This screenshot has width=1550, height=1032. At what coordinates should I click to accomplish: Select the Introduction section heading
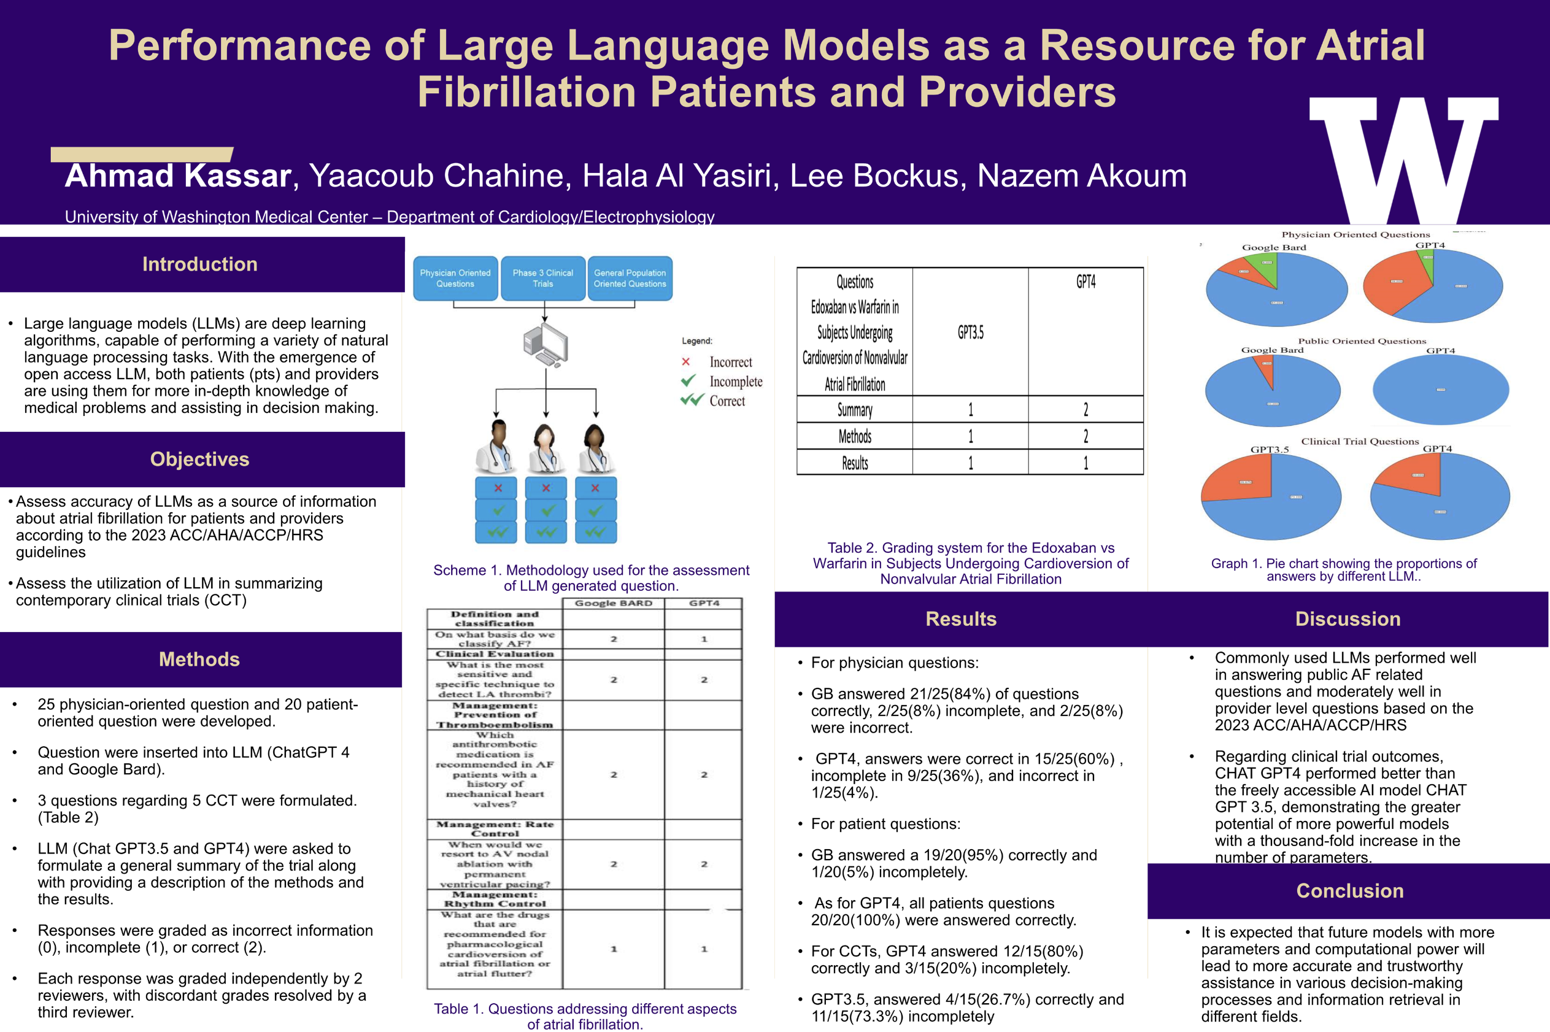(199, 264)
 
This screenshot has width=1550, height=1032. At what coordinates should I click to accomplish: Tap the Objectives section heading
(199, 460)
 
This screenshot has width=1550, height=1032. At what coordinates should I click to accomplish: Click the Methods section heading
(199, 660)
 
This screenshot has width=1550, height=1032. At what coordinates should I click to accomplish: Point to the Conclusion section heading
(1349, 890)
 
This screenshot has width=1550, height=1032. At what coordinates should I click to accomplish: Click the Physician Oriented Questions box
(455, 279)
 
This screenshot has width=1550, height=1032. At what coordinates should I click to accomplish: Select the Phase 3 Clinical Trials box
(542, 279)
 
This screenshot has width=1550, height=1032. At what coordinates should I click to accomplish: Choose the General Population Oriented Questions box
(630, 279)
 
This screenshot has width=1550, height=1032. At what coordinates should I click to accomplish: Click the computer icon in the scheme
(546, 346)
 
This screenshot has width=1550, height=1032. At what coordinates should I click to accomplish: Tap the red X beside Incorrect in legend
(686, 362)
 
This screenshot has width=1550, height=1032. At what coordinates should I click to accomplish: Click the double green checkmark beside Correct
(692, 400)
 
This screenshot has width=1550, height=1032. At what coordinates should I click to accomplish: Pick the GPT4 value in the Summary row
(1085, 409)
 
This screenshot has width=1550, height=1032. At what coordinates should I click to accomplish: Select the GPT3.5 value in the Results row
(970, 463)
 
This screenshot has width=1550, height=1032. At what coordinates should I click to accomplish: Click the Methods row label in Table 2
(854, 436)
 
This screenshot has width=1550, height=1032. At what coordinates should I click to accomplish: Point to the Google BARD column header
(614, 604)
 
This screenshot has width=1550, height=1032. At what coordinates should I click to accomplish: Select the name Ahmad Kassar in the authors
(178, 176)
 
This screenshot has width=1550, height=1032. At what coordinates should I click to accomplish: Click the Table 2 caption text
(971, 563)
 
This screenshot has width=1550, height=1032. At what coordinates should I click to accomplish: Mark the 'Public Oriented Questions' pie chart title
(1362, 341)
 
